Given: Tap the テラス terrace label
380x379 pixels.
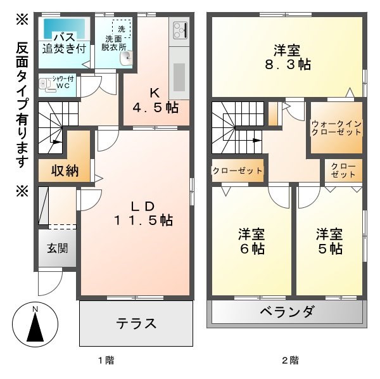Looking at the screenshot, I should point(136,323).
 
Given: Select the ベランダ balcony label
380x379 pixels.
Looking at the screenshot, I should point(287,312).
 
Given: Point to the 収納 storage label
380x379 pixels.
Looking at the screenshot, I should point(65,171).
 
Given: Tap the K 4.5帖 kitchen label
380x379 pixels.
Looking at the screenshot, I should point(155,100).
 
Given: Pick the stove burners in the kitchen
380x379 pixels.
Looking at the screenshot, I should point(179,30).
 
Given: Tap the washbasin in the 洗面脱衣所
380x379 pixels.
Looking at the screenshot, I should point(126,58).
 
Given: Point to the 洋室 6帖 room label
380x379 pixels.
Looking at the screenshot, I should point(251,241).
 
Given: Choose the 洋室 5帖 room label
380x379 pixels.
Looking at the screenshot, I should point(329,241).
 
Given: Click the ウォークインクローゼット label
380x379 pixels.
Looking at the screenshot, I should point(336,127).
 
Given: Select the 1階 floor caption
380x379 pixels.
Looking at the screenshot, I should point(105,361).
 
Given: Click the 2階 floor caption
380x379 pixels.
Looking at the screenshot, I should point(290,361).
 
